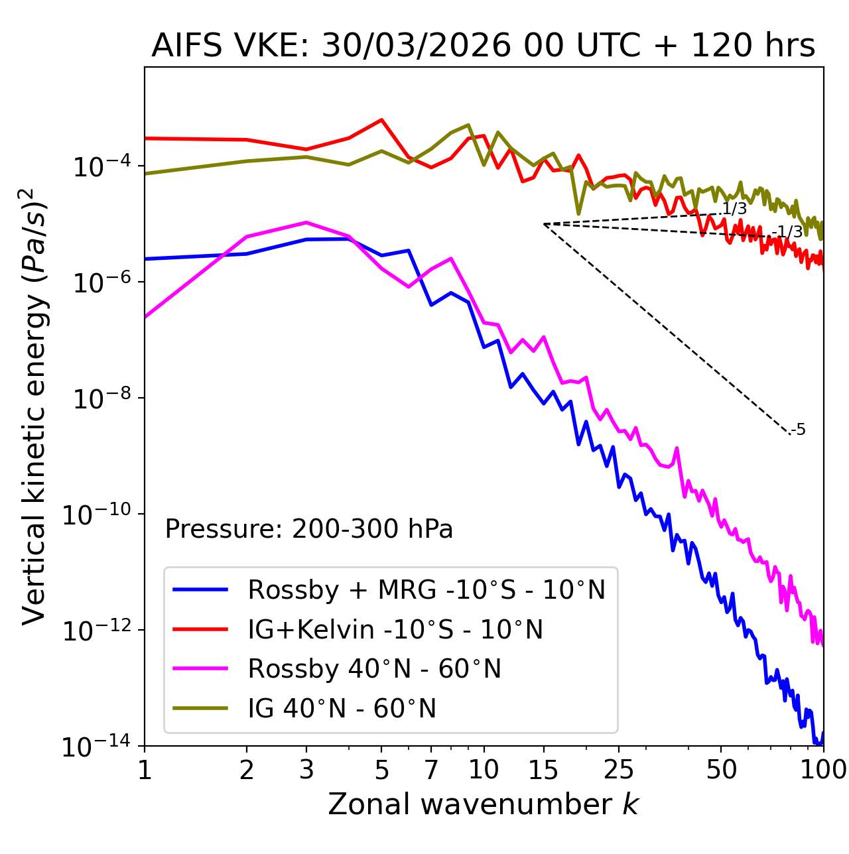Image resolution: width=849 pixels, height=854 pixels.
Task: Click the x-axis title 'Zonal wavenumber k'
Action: pos(483,804)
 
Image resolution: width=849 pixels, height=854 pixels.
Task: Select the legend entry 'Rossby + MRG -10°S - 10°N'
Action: pos(426,589)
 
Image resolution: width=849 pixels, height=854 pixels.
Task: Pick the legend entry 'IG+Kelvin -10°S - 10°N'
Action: pos(395,629)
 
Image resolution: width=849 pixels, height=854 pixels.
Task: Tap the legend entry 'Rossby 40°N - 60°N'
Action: pos(374,669)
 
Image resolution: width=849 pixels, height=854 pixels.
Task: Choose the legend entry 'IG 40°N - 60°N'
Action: pos(342,709)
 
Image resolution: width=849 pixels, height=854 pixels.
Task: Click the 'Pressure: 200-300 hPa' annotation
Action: pos(308,529)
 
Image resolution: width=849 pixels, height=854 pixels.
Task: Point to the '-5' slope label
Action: pos(799,430)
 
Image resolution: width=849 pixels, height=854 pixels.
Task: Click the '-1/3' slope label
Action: pos(789,231)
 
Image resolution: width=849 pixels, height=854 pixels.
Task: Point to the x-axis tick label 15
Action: pos(544,770)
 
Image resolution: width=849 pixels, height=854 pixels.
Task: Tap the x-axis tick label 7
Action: pos(431,770)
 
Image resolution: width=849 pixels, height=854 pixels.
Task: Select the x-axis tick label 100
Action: pos(822,770)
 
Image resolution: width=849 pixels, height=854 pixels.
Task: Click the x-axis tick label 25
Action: pos(619,770)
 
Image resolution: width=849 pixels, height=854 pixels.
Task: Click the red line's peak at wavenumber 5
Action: pos(381,120)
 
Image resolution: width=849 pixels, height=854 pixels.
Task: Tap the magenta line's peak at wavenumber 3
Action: pos(306,222)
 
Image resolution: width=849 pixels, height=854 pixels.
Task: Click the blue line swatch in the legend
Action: pos(200,589)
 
